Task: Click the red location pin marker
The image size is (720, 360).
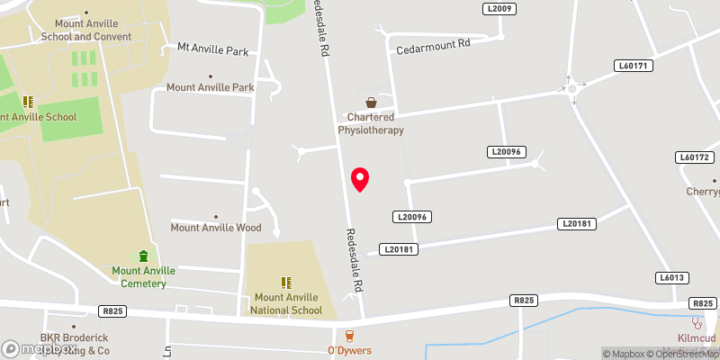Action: (360, 178)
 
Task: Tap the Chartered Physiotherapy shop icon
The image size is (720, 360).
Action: (371, 103)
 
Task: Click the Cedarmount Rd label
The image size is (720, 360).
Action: (433, 44)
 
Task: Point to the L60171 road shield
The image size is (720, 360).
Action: (634, 66)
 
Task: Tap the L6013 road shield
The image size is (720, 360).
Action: (671, 278)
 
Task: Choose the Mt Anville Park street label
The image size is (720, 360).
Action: (212, 50)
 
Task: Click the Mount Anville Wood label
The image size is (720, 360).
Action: (216, 228)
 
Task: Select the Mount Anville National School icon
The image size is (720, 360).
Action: (287, 283)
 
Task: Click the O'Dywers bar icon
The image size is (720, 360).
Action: (349, 336)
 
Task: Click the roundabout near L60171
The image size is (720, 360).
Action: (571, 87)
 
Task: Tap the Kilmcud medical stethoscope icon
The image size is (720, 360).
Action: (695, 322)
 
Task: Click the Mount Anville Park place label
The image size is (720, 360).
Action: (211, 87)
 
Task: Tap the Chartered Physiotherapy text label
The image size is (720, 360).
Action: (371, 123)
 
